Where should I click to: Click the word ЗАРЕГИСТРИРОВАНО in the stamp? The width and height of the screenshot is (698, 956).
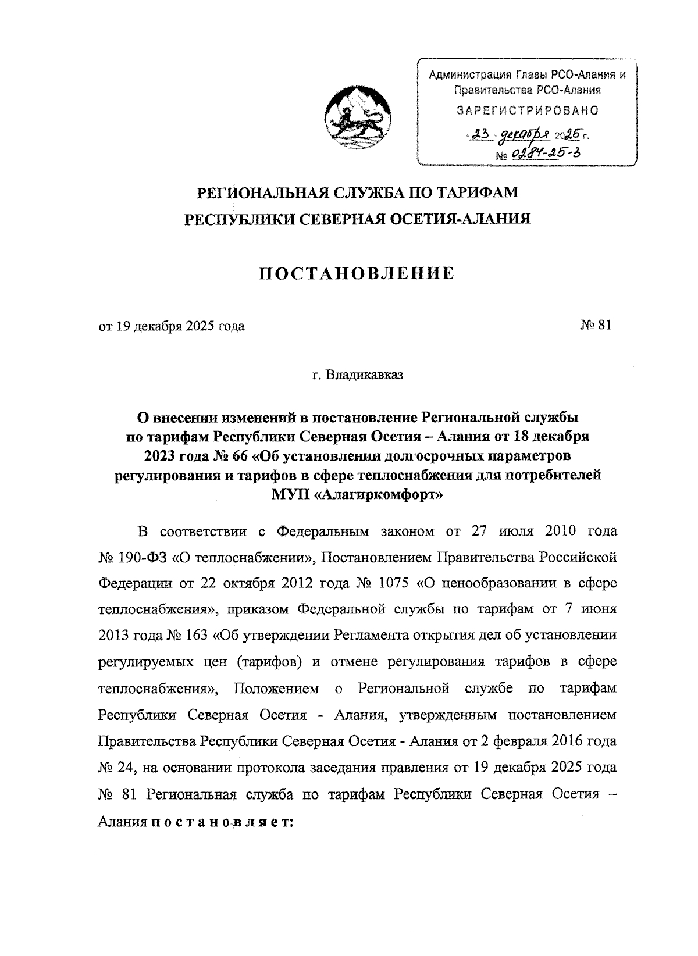(527, 110)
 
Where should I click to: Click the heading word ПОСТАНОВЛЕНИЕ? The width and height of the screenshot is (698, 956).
(357, 273)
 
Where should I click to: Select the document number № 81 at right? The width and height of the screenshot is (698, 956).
(596, 326)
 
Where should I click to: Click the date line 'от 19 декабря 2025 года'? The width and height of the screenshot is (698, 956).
(172, 326)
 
